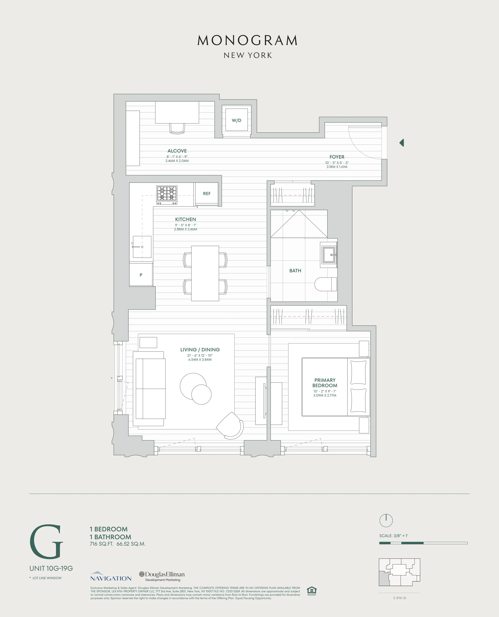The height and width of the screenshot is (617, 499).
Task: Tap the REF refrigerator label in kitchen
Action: coord(206,194)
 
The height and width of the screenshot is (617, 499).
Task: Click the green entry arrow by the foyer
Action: coord(402,143)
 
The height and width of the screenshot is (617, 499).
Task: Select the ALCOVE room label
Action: coord(177,151)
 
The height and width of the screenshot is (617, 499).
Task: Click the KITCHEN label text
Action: coord(185,219)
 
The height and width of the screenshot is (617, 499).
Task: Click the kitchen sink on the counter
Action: coord(142,247)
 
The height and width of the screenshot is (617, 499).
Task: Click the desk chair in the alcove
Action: coord(177,128)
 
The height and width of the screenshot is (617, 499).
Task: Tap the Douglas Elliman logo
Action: coord(162,576)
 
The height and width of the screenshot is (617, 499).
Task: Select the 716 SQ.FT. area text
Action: coord(102,544)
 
